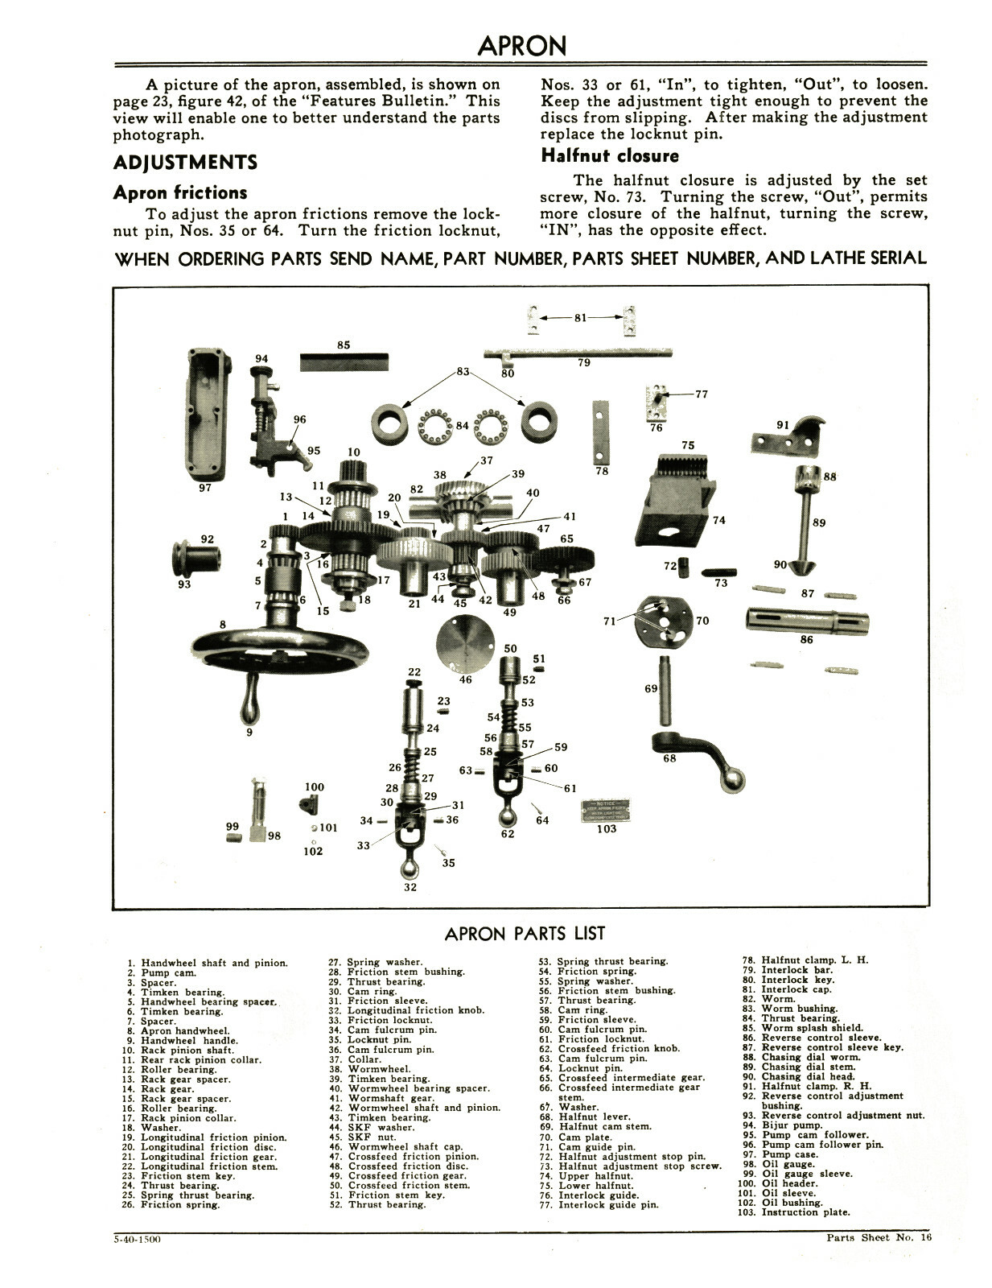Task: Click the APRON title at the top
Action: (521, 46)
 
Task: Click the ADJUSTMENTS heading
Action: (185, 163)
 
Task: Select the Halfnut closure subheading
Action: (610, 156)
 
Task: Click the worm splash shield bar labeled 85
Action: (344, 361)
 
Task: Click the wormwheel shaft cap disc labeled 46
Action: (465, 643)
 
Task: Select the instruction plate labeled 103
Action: (606, 811)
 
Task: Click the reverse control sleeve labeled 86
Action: (807, 620)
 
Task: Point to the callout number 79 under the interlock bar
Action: (584, 363)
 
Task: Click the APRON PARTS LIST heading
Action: (525, 934)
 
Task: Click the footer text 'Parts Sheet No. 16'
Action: (879, 1238)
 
